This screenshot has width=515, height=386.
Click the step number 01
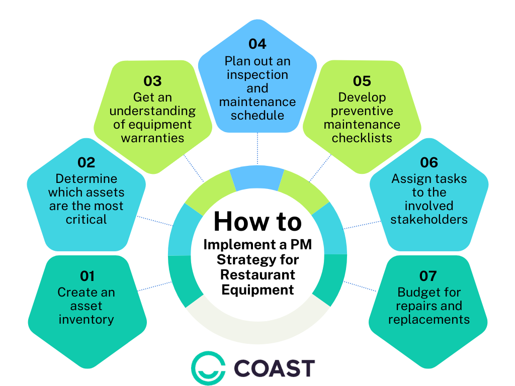point(87,276)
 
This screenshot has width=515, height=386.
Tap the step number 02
point(86,162)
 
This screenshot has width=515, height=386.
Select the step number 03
point(152,81)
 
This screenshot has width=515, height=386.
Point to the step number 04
point(257,44)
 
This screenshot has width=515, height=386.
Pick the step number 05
point(362,81)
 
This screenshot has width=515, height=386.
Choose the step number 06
point(429,162)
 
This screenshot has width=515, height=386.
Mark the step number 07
point(428,276)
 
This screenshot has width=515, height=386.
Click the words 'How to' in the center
point(257,222)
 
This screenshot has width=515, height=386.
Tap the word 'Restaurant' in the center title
point(257,274)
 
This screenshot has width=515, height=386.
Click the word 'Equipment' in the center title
point(257,289)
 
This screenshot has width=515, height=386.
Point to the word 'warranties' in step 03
point(152,138)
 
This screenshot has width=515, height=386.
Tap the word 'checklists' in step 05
point(362,138)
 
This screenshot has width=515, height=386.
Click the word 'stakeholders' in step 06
point(429,219)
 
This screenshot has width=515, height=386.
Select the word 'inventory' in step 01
point(86,319)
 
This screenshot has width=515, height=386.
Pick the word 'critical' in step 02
point(86,219)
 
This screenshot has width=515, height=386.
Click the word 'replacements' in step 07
point(429,319)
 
